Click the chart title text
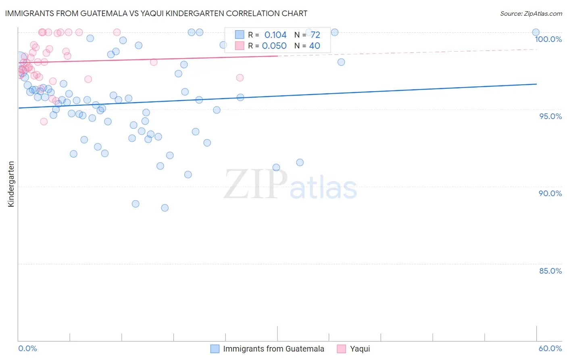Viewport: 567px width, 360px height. point(156,13)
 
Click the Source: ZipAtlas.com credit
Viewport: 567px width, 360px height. point(531,13)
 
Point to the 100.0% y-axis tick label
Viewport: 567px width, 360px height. point(548,39)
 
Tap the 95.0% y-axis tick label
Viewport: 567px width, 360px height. point(550,116)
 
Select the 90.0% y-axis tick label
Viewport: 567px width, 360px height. point(550,193)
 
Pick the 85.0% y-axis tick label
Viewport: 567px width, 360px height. point(550,271)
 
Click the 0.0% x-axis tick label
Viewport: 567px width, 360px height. point(27,348)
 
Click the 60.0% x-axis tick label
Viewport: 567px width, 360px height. point(550,348)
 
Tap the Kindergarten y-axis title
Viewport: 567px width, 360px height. point(11,184)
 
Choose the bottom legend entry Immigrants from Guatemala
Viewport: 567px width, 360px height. point(273,349)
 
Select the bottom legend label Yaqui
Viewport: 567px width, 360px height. point(360,349)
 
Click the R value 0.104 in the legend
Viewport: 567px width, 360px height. point(275,35)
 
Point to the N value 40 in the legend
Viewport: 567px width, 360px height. point(315,46)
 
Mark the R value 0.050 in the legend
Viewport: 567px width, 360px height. point(274,46)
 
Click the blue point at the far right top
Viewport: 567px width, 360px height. point(536,32)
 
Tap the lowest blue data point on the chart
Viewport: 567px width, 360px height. point(165,208)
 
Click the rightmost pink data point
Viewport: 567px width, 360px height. point(240,77)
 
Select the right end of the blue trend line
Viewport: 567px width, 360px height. point(536,84)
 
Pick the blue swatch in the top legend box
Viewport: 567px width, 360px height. point(240,35)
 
